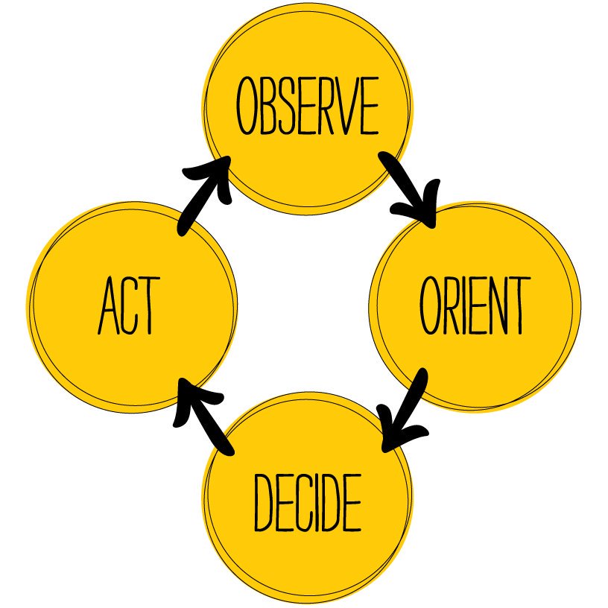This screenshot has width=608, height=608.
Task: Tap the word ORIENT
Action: pos(475,306)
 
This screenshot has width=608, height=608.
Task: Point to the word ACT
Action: pos(128,306)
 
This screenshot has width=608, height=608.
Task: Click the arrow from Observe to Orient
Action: pos(407,187)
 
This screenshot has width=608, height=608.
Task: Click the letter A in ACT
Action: pos(107,306)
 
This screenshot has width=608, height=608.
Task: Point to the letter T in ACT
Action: pos(148,306)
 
